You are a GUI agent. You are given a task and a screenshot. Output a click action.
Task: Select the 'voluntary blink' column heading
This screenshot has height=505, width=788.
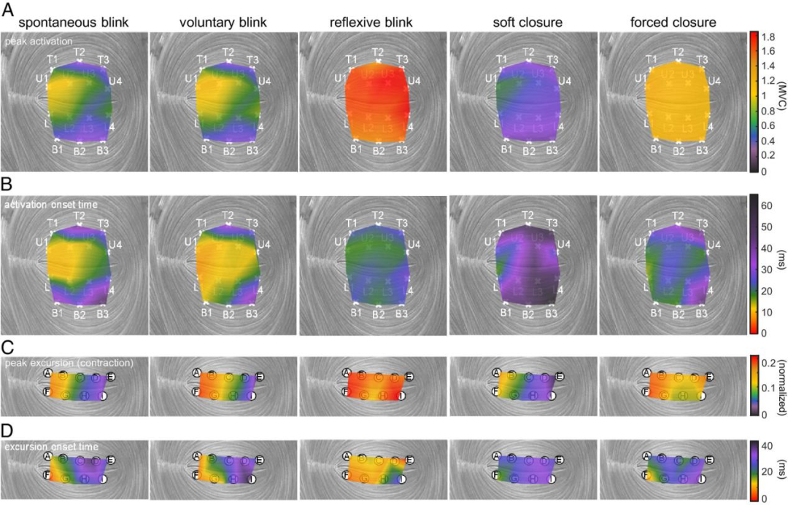[223, 23]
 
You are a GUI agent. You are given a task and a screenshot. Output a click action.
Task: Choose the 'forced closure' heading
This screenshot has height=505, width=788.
[673, 23]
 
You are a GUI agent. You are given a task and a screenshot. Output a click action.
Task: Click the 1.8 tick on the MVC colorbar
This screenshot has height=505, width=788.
[766, 36]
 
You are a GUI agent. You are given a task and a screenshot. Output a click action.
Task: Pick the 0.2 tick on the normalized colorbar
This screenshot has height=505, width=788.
[766, 362]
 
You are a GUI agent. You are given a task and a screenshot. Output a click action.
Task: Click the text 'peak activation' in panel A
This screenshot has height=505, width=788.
[34, 42]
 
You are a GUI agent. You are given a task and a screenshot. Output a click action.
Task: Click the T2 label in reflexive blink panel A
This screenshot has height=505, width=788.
[378, 52]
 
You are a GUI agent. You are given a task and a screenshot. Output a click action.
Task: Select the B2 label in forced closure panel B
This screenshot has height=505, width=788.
[679, 315]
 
